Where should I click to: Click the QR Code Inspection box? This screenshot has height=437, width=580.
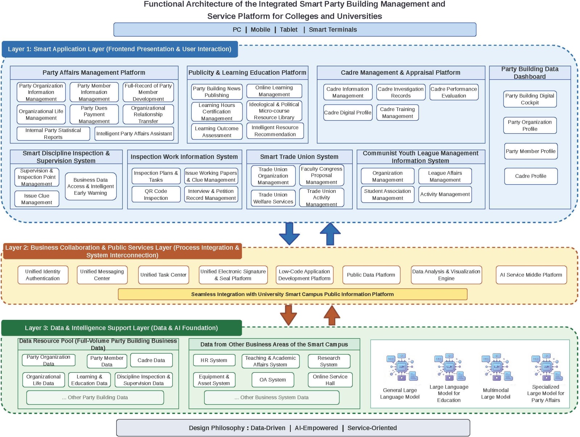tap(156, 194)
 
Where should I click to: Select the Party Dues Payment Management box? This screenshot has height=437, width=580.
tap(94, 114)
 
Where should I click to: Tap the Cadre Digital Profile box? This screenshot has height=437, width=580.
tap(348, 112)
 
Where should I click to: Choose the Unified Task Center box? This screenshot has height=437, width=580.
tap(163, 275)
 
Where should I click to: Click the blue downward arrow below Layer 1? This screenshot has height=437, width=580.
tap(289, 234)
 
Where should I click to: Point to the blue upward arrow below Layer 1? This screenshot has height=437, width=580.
tap(330, 234)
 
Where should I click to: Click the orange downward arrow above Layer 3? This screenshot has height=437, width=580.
tap(288, 315)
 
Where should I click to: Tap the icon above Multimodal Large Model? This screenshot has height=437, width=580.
tap(497, 367)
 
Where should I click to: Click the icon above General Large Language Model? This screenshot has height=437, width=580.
tap(402, 367)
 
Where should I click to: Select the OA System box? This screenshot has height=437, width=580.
tap(273, 380)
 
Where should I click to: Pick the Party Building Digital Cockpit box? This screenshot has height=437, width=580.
tap(530, 99)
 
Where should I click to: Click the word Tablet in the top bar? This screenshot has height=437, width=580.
tap(289, 30)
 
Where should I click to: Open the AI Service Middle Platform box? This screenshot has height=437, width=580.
tap(531, 275)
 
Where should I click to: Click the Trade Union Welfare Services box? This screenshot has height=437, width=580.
tap(273, 198)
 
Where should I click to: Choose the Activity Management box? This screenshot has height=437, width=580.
tap(445, 194)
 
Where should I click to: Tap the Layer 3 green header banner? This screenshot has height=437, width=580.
tap(121, 328)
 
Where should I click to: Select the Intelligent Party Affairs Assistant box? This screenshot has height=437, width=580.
tap(134, 133)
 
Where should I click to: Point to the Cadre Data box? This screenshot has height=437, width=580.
tap(151, 360)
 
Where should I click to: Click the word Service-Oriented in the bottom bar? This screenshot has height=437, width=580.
tap(372, 428)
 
